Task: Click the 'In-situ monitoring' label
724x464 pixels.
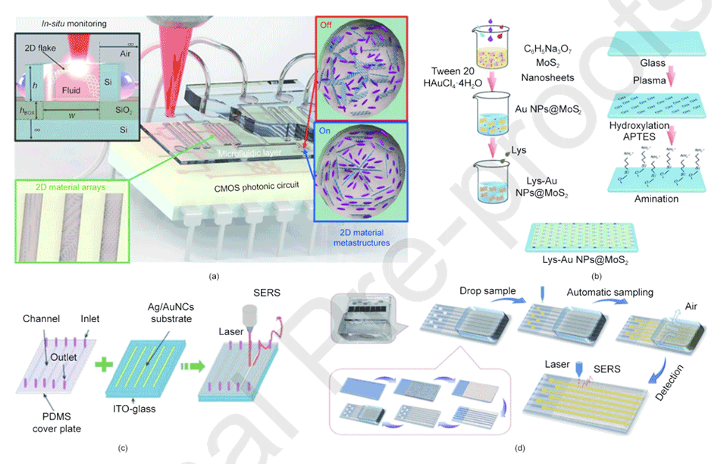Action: (73, 24)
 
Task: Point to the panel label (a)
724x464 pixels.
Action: (215, 274)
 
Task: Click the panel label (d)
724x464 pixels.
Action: (520, 447)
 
